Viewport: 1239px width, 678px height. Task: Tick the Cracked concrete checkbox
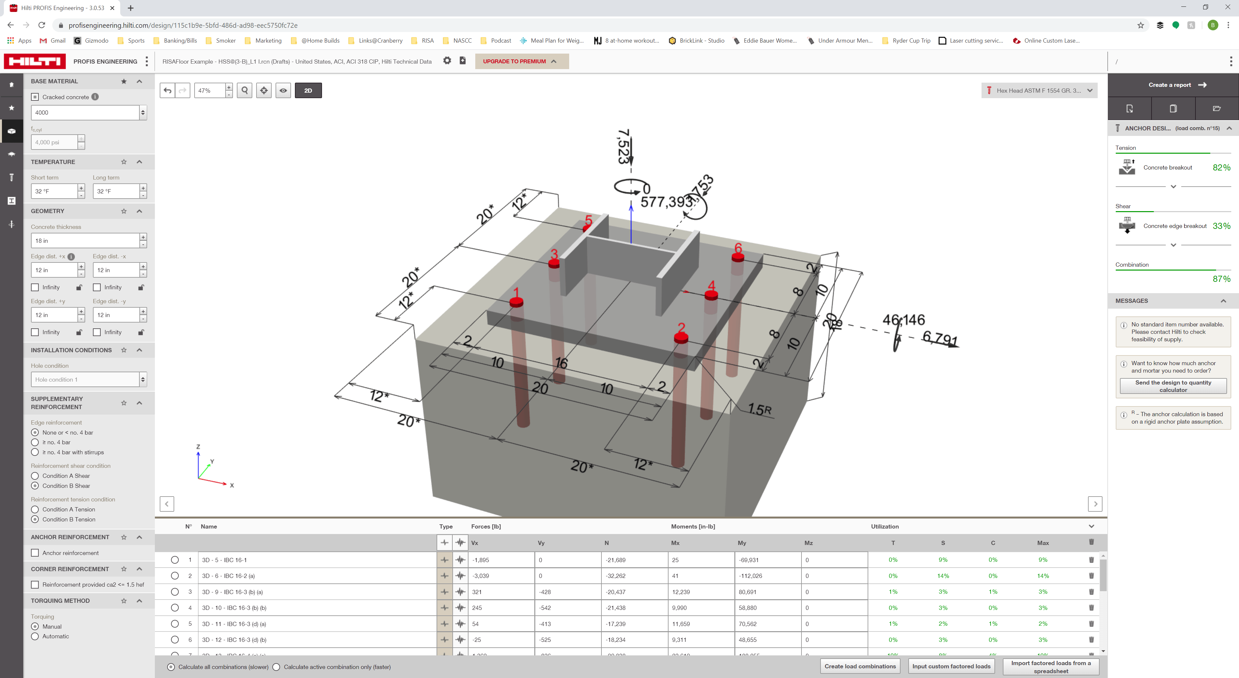click(35, 97)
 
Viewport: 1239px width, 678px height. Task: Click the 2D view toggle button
click(308, 90)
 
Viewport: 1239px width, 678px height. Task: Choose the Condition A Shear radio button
click(35, 476)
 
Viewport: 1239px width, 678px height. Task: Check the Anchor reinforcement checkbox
click(35, 553)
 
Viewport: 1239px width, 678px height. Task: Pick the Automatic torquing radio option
click(35, 636)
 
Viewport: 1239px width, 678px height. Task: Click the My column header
click(742, 543)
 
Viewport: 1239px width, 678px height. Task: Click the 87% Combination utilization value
click(1221, 279)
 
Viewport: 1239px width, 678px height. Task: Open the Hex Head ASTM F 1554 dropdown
click(1039, 90)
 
